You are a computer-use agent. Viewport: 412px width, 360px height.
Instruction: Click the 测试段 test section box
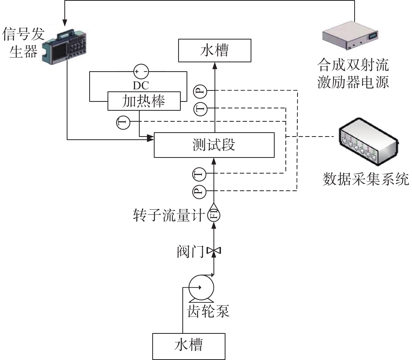(214, 145)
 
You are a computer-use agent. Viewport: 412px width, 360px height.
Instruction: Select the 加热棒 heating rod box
(144, 101)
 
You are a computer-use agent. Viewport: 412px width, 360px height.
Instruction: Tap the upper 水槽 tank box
(215, 50)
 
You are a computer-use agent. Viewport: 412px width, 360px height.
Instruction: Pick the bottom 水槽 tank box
(189, 346)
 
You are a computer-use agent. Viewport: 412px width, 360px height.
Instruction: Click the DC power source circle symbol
(141, 71)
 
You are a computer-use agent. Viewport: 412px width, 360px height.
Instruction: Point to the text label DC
(141, 85)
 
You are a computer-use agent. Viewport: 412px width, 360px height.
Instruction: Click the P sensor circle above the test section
(200, 91)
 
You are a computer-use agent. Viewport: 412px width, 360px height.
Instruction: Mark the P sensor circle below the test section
(200, 192)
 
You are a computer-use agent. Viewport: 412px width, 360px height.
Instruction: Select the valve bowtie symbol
(214, 251)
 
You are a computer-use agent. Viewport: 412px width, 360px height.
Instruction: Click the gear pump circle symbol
(201, 287)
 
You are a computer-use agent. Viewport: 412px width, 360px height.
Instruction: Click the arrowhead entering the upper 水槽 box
(215, 65)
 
